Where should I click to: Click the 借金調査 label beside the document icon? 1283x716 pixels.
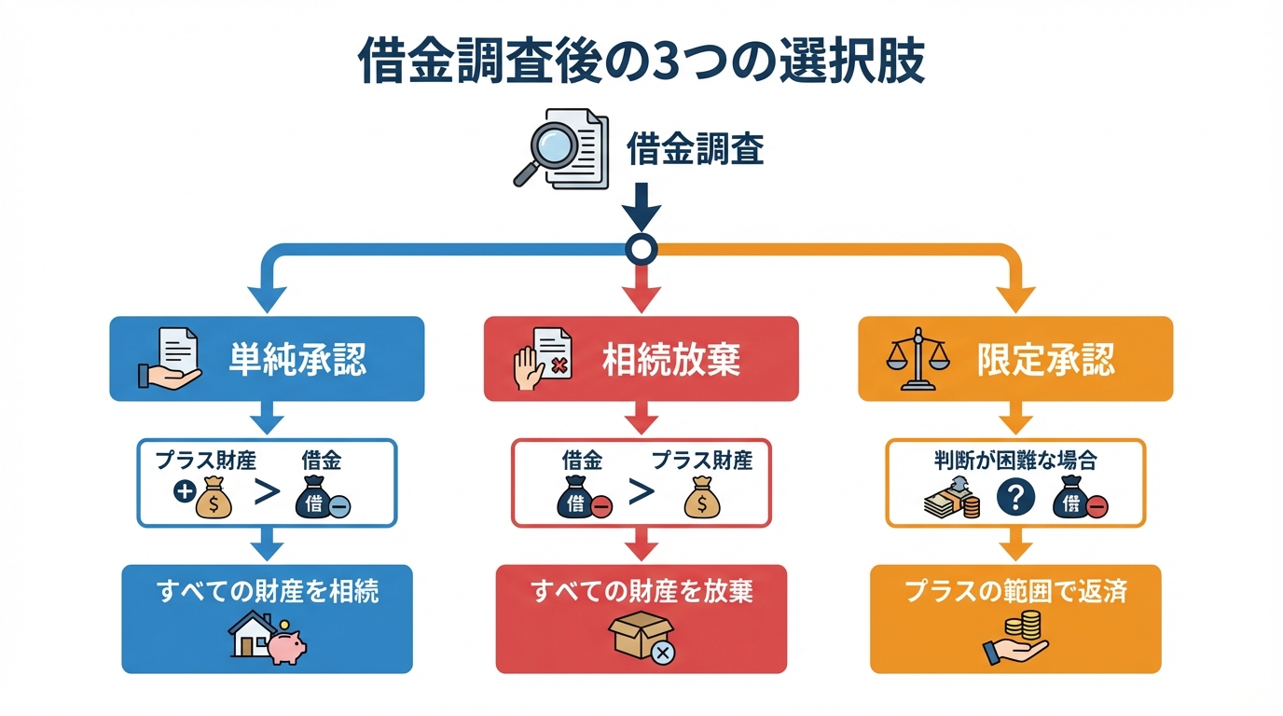pyautogui.click(x=695, y=149)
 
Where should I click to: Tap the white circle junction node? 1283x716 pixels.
pyautogui.click(x=641, y=248)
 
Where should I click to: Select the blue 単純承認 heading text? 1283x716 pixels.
pyautogui.click(x=297, y=359)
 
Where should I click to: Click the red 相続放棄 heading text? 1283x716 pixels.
pyautogui.click(x=671, y=359)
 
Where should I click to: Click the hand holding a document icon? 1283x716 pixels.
pyautogui.click(x=169, y=359)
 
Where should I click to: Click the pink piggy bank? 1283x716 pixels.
pyautogui.click(x=286, y=644)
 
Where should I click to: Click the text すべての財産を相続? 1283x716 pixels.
pyautogui.click(x=268, y=591)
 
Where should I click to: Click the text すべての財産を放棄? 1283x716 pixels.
pyautogui.click(x=641, y=591)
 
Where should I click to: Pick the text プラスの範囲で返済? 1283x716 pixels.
pyautogui.click(x=1015, y=591)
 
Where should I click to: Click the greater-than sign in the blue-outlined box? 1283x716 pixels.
pyautogui.click(x=268, y=493)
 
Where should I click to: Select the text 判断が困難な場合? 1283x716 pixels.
pyautogui.click(x=1015, y=460)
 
